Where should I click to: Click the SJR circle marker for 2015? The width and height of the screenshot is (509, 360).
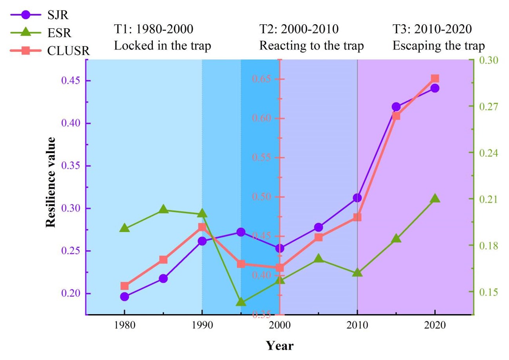pyautogui.click(x=396, y=107)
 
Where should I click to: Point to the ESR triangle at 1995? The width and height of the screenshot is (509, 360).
pyautogui.click(x=241, y=302)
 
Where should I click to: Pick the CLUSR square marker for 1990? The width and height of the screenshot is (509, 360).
pyautogui.click(x=202, y=227)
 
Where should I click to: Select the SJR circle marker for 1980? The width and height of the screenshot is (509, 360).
pyautogui.click(x=125, y=297)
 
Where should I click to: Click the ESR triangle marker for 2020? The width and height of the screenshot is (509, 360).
pyautogui.click(x=435, y=199)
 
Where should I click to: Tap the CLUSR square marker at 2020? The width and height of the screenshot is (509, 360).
pyautogui.click(x=435, y=78)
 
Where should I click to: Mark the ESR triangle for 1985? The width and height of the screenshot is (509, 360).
pyautogui.click(x=163, y=210)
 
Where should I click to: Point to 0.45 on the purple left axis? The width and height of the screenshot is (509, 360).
pyautogui.click(x=71, y=81)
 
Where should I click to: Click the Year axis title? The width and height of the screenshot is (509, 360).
pyautogui.click(x=280, y=346)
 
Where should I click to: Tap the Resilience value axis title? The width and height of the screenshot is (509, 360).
pyautogui.click(x=50, y=182)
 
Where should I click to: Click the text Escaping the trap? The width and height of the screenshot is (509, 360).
pyautogui.click(x=439, y=46)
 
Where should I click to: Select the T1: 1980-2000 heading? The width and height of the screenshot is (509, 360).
pyautogui.click(x=154, y=29)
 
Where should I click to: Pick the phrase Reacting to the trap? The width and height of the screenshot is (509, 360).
pyautogui.click(x=312, y=46)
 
